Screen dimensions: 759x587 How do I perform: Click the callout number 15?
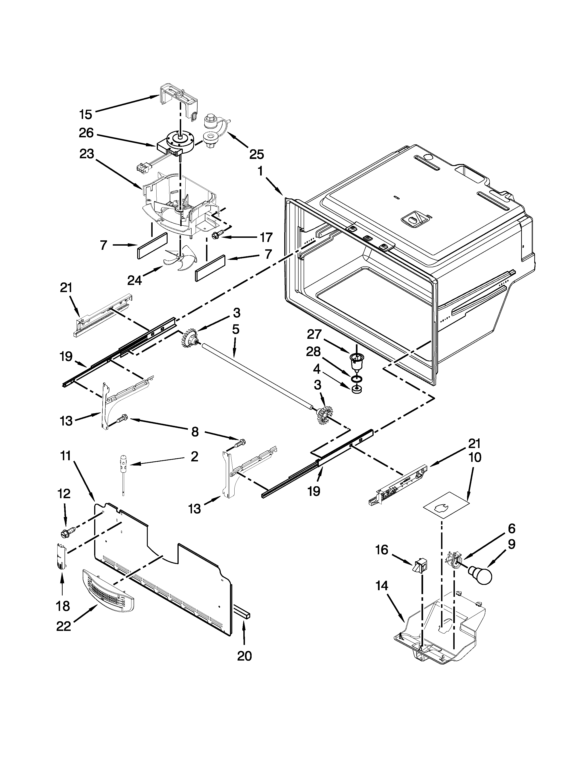point(85,114)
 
